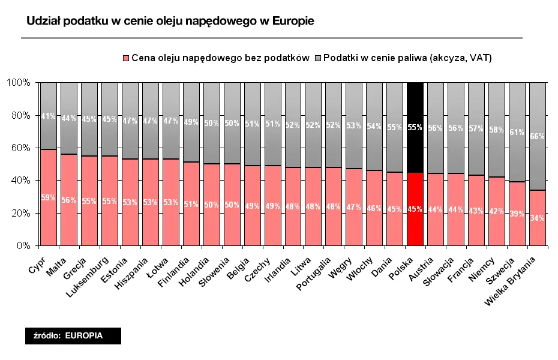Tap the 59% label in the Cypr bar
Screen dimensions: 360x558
48,197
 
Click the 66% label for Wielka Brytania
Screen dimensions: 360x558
537,137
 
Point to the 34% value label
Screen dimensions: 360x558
537,218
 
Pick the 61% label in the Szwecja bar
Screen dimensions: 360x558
517,133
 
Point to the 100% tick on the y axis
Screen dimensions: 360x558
18,82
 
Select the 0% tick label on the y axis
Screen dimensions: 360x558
22,245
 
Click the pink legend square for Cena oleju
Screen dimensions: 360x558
126,58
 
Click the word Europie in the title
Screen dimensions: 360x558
292,21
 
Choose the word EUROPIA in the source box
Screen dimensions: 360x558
83,336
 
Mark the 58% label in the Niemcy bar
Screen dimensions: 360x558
496,130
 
